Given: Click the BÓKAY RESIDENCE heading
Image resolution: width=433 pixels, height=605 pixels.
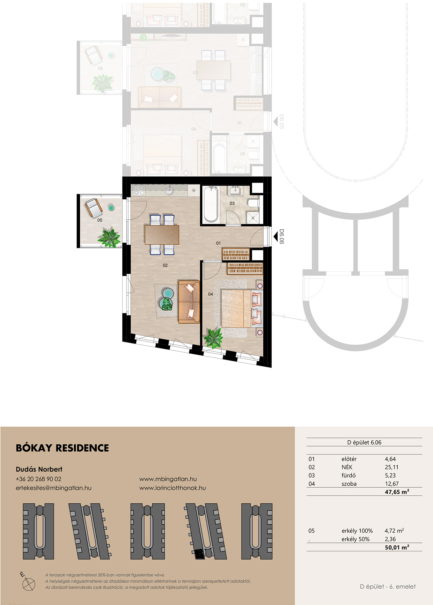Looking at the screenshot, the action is click(62, 448).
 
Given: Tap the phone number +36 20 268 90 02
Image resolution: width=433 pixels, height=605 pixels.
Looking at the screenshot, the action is click(38, 479).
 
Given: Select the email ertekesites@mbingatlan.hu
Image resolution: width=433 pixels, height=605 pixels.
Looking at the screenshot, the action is click(53, 488).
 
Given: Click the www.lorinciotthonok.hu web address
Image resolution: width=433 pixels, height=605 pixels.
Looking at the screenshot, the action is click(173, 488).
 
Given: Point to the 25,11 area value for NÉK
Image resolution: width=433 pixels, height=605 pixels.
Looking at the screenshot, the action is click(391, 467).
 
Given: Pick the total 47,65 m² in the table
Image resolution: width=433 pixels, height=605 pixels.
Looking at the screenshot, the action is click(397, 492).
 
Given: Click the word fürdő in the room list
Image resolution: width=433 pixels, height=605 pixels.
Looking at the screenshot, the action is click(348, 475).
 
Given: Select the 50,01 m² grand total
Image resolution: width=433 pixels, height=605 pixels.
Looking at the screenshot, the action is click(397, 547).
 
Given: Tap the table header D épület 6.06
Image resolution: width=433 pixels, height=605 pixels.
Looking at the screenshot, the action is click(364, 442).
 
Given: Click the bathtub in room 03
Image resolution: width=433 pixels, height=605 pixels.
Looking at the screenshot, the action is click(211, 204).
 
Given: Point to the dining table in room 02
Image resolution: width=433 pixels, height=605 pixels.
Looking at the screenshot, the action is click(162, 235).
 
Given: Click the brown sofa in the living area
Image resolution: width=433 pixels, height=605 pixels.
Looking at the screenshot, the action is click(189, 302).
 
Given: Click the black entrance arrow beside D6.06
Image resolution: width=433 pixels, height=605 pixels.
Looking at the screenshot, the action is click(276, 237).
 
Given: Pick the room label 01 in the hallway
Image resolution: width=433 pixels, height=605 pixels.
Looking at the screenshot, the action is click(218, 243).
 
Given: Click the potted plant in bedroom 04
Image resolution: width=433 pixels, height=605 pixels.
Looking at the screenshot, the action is click(213, 338).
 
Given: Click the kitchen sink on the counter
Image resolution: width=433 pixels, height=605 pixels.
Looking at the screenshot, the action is click(169, 190).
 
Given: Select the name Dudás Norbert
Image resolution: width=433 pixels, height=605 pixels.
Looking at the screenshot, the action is click(39, 469).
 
